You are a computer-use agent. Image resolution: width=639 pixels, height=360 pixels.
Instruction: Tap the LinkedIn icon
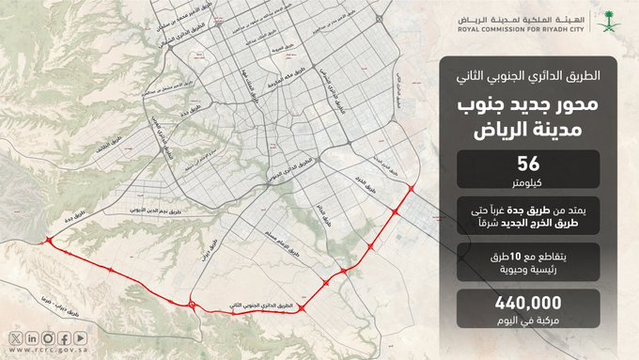[31, 337]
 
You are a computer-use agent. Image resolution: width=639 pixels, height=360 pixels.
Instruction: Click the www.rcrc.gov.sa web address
[48, 350]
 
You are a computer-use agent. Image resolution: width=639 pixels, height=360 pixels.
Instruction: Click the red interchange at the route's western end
[48, 238]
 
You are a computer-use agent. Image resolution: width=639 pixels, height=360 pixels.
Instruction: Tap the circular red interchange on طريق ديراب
[192, 305]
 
